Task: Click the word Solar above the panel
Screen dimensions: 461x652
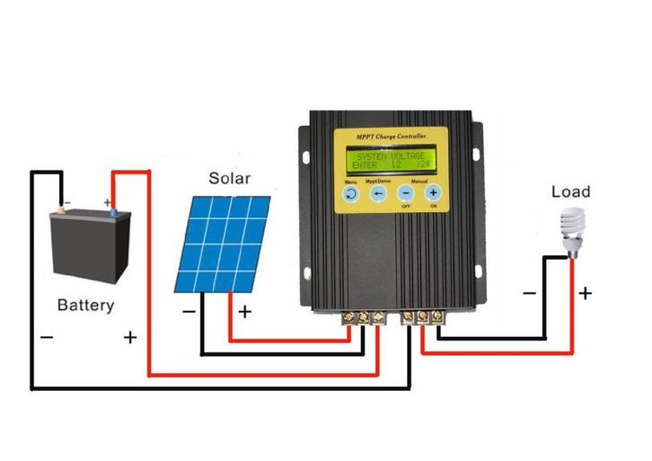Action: [x=229, y=178]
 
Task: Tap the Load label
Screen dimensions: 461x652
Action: [x=570, y=191]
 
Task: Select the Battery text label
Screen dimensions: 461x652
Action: [x=86, y=305]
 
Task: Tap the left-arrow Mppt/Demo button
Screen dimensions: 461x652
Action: [x=378, y=192]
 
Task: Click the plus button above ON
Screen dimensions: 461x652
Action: [x=433, y=192]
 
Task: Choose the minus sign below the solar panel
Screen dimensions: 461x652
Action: [x=189, y=312]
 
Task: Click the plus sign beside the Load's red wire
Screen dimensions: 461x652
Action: [x=585, y=293]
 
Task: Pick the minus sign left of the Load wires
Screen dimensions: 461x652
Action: [x=529, y=293]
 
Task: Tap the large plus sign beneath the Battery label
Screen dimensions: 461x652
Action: [x=130, y=338]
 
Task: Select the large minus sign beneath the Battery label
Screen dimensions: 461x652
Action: [x=46, y=338]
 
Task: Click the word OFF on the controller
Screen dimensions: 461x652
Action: [x=406, y=207]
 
